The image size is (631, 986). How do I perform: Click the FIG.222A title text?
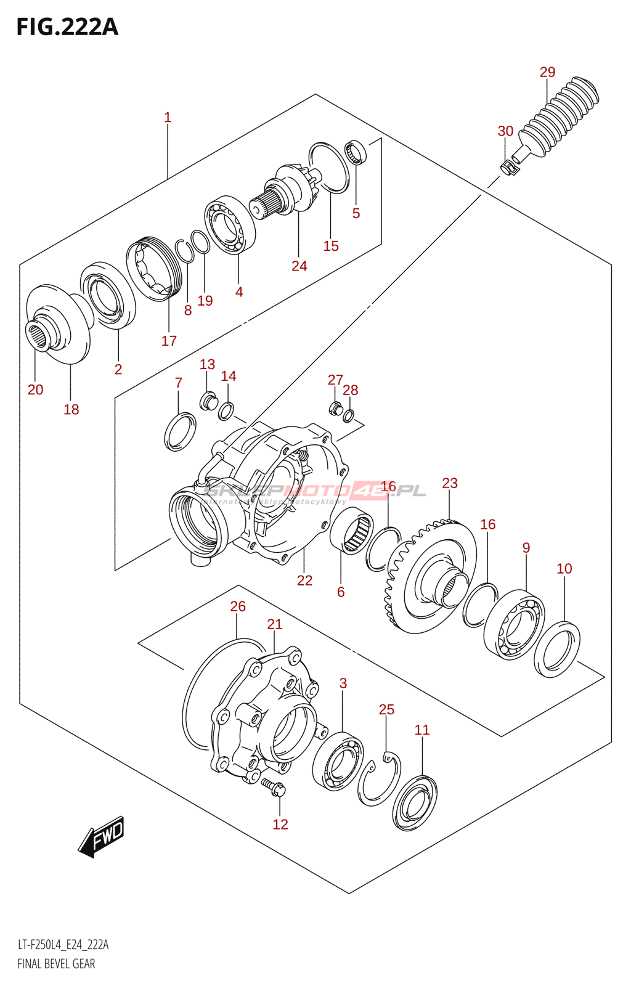67,27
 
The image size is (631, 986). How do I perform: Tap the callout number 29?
547,72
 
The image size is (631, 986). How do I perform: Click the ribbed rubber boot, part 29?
561,117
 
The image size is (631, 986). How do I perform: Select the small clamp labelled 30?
508,166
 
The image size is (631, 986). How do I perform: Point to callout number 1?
168,117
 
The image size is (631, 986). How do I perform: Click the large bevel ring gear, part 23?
431,576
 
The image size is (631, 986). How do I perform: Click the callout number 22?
304,581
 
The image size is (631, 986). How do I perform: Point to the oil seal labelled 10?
556,650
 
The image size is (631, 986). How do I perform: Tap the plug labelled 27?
336,407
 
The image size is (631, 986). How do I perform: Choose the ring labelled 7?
180,432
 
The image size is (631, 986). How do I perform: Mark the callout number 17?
169,341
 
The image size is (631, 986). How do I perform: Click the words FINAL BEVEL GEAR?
56,964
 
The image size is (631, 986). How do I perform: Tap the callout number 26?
238,606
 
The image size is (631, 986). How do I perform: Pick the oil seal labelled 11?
414,803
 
